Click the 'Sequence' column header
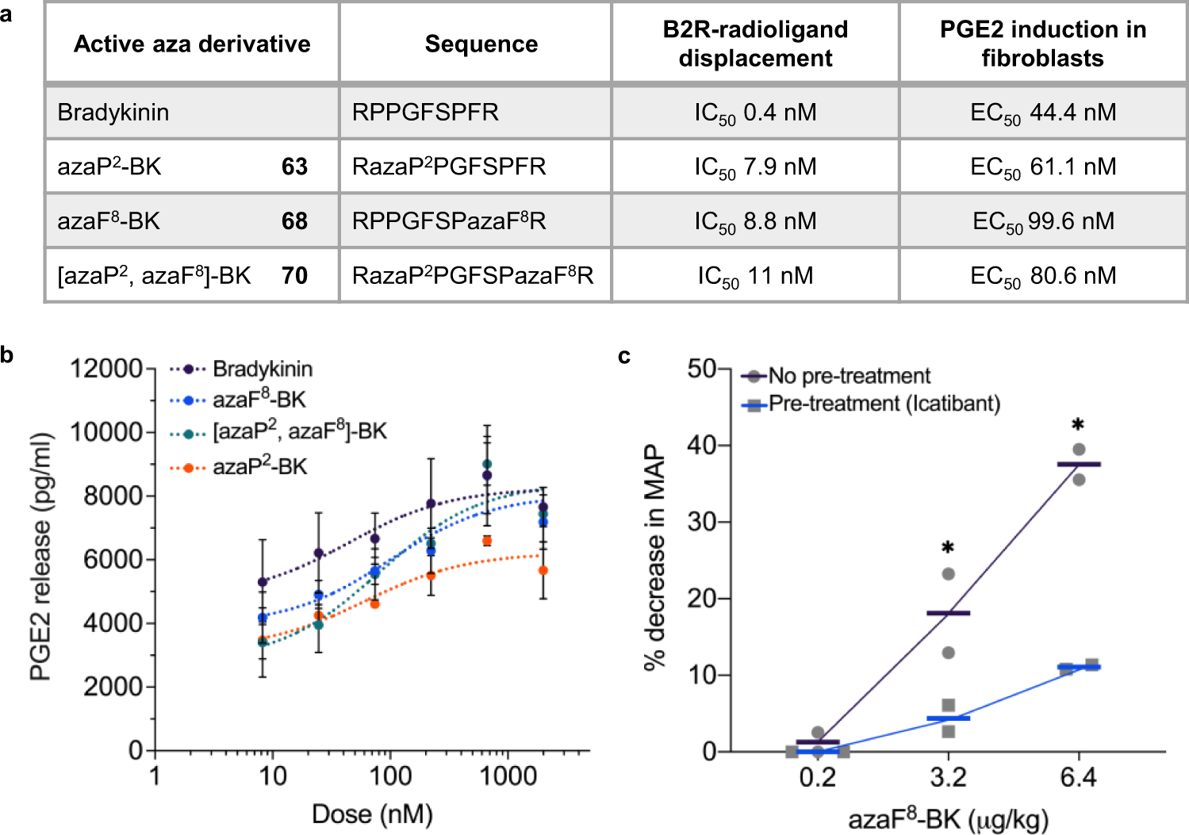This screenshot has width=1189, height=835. tap(481, 44)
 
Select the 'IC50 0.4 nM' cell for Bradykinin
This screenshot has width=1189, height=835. tap(754, 113)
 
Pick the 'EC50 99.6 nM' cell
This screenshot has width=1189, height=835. tap(1042, 221)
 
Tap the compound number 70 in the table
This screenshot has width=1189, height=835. tap(294, 276)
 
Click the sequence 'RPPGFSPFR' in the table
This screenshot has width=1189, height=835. tap(425, 113)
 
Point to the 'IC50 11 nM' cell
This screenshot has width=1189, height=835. tap(754, 276)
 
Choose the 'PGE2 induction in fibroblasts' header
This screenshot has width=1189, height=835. tap(1042, 44)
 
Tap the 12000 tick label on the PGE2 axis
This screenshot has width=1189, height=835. tap(105, 369)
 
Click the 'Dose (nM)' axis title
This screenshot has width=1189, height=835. tap(372, 814)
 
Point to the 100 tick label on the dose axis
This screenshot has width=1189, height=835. tap(390, 776)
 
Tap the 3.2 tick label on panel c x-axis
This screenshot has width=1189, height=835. tap(947, 777)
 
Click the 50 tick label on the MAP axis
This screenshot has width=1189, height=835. tap(701, 369)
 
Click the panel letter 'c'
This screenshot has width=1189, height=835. tap(624, 356)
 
